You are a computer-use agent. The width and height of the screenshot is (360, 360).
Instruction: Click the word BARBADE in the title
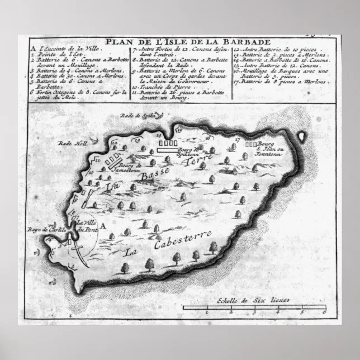pos(248,42)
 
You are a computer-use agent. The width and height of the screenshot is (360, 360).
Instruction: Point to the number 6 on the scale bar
pos(323,312)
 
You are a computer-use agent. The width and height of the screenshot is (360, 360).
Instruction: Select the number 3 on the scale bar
pos(253,312)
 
